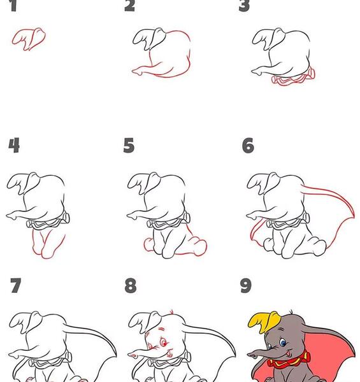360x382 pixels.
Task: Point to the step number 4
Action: click(14, 145)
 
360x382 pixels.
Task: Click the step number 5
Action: click(129, 145)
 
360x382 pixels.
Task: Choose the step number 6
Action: click(248, 145)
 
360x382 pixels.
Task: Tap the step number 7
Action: click(15, 285)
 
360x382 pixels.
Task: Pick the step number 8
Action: click(131, 285)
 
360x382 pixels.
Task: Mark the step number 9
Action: click(246, 285)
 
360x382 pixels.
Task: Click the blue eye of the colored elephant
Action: click(284, 343)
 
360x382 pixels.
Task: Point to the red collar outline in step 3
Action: click(293, 78)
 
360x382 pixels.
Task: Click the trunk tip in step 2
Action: click(135, 71)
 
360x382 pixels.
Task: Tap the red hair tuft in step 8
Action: click(171, 313)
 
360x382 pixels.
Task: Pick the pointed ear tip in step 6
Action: click(353, 215)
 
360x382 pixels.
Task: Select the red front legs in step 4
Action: click(48, 244)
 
